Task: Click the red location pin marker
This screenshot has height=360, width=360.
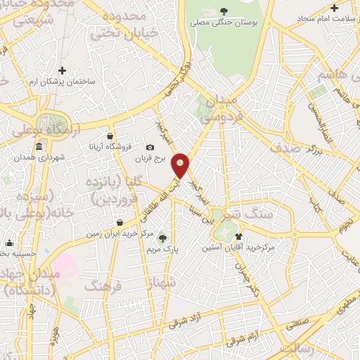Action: point(181,165)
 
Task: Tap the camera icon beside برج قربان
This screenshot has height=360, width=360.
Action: point(149,148)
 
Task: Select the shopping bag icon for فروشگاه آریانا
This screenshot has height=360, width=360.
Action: point(110,136)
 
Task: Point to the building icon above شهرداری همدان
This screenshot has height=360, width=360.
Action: point(38,146)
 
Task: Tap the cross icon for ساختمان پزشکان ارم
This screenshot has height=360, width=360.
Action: point(63,70)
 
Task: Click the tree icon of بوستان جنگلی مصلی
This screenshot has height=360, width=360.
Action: point(224,11)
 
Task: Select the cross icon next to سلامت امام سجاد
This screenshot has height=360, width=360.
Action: point(334,8)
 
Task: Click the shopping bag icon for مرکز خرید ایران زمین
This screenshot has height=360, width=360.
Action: point(120,222)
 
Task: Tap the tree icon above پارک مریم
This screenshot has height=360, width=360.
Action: point(165,238)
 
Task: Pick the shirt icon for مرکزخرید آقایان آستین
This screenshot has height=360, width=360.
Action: point(239,237)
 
